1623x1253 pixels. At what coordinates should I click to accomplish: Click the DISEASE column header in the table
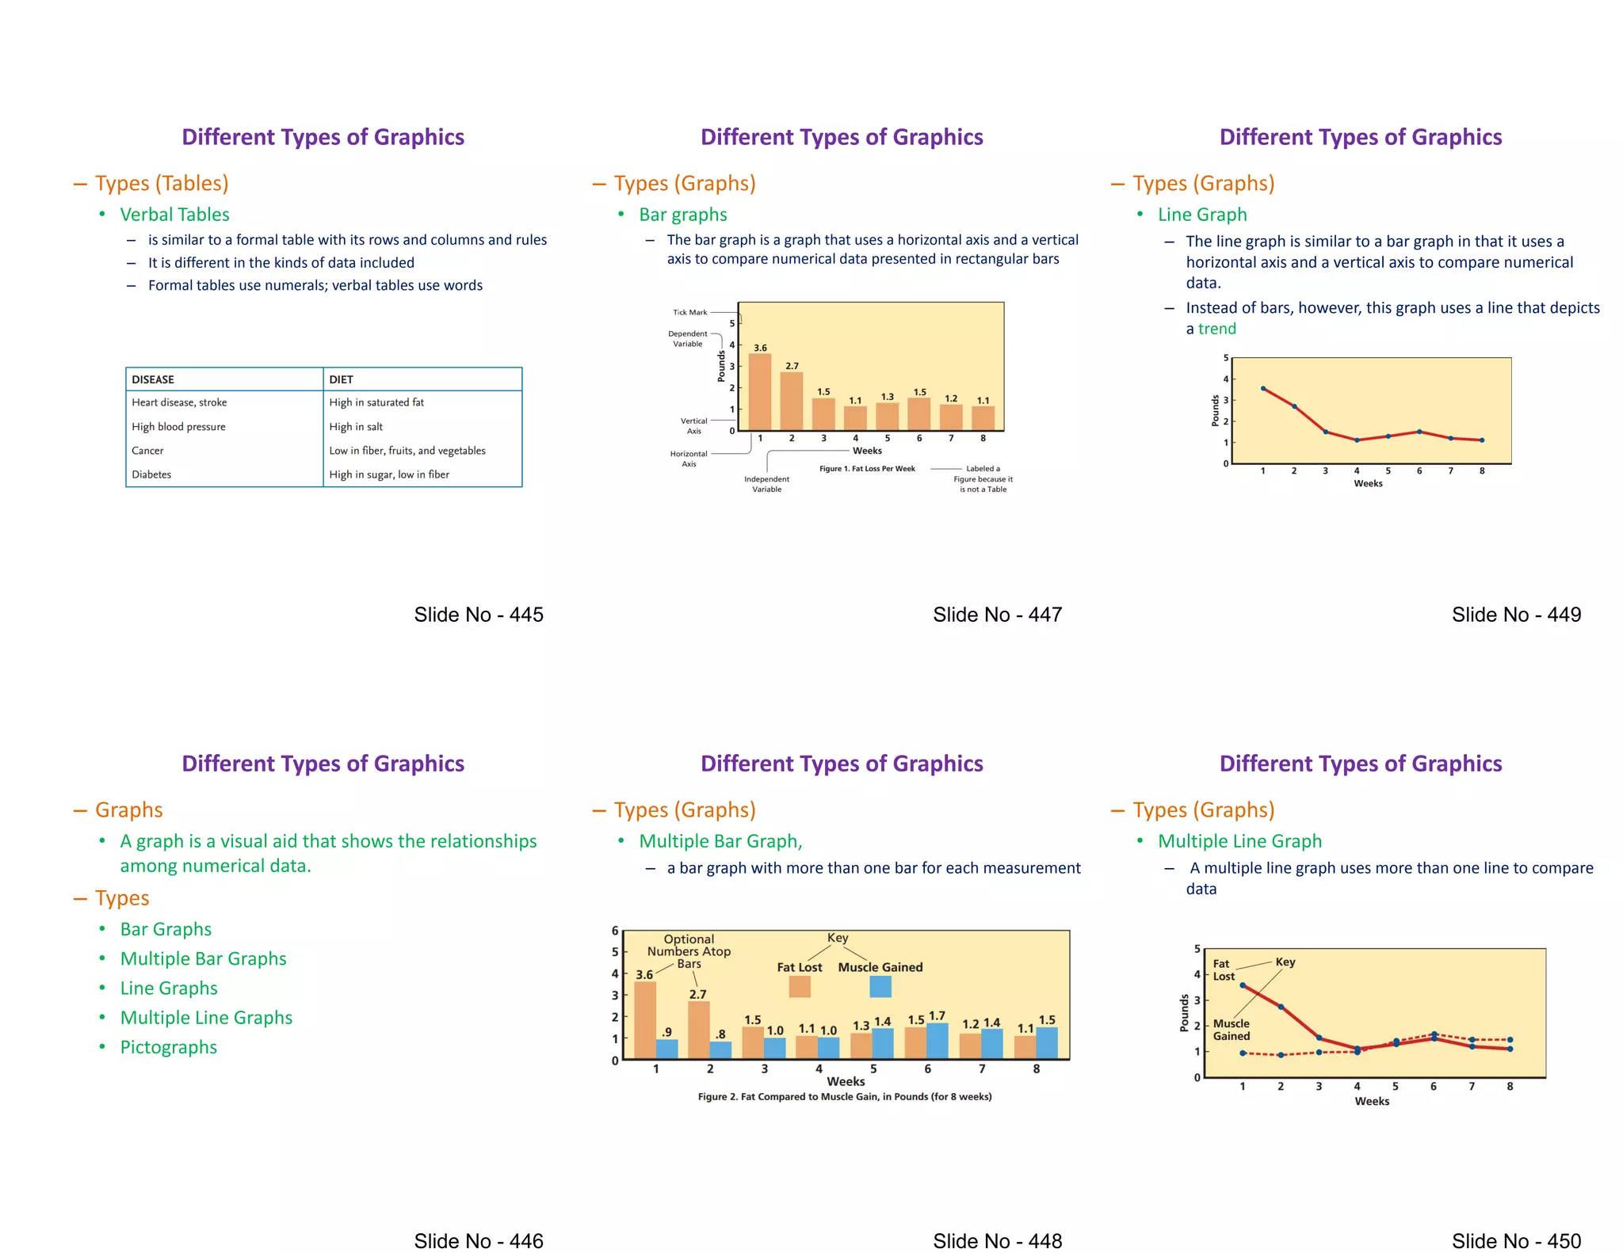coord(153,379)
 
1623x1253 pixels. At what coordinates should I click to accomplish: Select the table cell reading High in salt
coord(356,426)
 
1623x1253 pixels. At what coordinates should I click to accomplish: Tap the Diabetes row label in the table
coord(151,474)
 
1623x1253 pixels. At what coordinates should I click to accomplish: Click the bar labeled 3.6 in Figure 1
coord(760,392)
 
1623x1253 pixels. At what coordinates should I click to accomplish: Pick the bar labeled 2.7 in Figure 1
coord(792,401)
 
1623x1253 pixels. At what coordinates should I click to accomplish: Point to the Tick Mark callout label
coord(689,312)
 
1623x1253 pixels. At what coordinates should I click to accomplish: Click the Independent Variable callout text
coord(766,484)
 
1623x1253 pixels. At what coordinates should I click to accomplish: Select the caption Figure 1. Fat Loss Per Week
coord(867,469)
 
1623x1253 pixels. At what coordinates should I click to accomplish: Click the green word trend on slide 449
coord(1216,329)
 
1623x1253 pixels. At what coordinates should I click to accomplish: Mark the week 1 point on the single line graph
coord(1263,388)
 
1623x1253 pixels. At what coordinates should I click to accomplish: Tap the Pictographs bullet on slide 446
coord(168,1047)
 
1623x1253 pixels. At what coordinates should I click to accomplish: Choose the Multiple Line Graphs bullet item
coord(206,1018)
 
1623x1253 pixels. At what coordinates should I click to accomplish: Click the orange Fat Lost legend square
coord(800,986)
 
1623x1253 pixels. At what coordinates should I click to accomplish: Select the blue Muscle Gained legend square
coord(880,986)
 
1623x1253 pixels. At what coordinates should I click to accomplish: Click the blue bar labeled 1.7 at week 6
coord(938,1041)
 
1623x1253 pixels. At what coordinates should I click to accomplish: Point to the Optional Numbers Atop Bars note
coord(689,951)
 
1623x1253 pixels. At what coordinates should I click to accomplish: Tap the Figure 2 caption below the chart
coord(845,1097)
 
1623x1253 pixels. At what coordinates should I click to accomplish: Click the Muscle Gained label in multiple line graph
coord(1231,1030)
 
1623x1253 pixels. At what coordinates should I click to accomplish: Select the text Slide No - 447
coord(997,615)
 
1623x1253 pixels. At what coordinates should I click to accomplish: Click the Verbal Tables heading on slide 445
coord(174,215)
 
